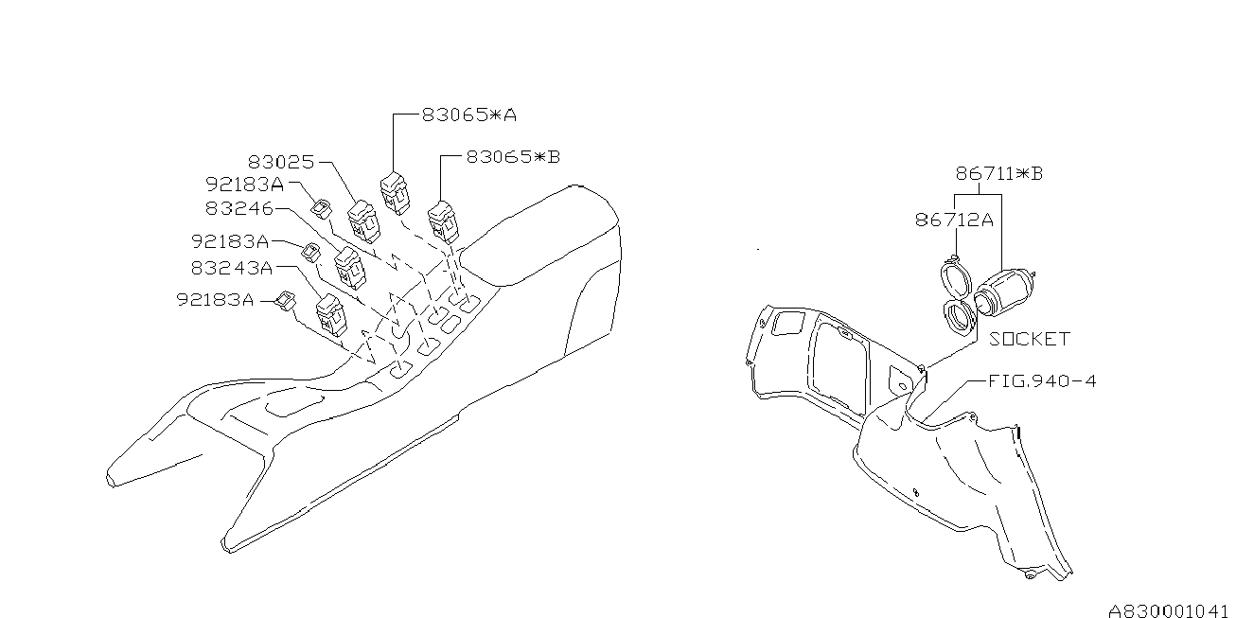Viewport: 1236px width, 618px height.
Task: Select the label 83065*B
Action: point(513,157)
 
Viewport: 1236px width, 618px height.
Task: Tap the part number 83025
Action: point(282,163)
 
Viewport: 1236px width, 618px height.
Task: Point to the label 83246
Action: point(239,207)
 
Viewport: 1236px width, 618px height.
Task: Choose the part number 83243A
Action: point(232,268)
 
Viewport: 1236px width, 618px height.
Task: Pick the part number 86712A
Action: point(954,220)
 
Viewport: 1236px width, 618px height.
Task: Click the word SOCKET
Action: point(1030,339)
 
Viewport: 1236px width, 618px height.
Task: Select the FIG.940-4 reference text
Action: point(1042,381)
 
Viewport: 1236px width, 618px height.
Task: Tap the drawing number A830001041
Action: point(1172,609)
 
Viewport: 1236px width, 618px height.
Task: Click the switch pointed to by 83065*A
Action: point(395,192)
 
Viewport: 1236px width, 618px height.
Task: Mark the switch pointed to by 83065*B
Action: point(443,221)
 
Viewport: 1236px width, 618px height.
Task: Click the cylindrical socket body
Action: point(1007,291)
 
